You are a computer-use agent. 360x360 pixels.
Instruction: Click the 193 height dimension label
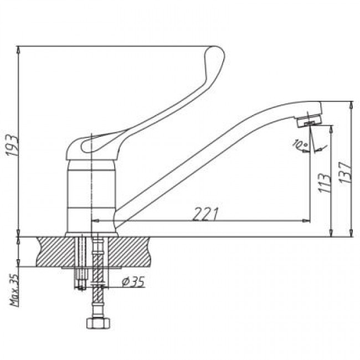click(x=12, y=146)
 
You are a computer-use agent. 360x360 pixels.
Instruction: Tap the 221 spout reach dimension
click(x=205, y=214)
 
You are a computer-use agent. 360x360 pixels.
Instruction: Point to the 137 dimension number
click(x=345, y=172)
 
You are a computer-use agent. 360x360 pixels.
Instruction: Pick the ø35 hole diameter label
click(x=133, y=281)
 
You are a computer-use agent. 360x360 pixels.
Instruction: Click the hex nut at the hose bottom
click(x=99, y=323)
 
